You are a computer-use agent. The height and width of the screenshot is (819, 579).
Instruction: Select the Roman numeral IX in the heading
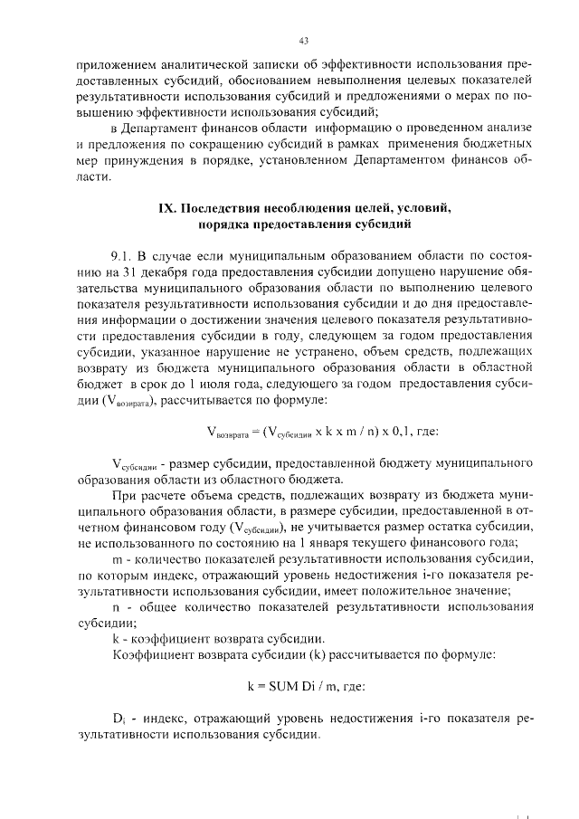tap(166, 209)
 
